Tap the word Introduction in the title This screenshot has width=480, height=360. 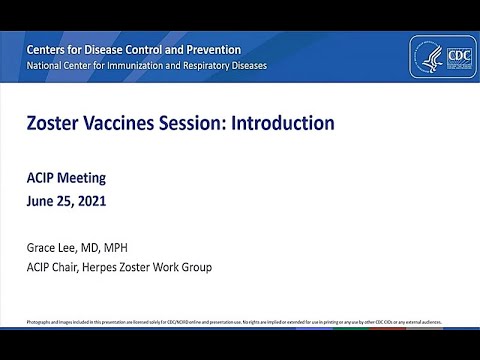[x=283, y=124]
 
